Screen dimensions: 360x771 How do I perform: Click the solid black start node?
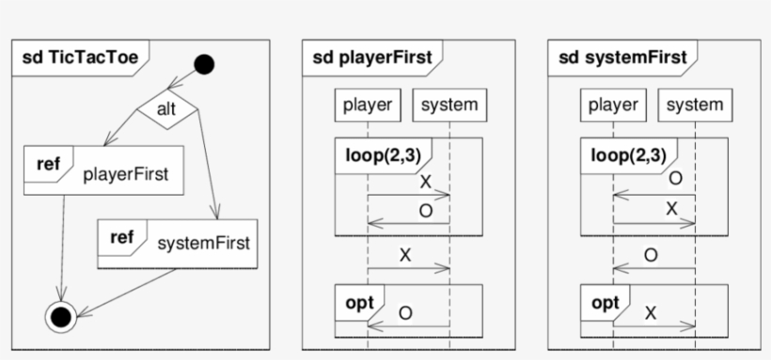[204, 65]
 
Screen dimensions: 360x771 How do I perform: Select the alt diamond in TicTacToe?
[166, 110]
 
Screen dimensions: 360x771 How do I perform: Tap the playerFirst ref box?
[103, 170]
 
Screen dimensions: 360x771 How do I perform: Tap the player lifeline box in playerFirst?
[367, 104]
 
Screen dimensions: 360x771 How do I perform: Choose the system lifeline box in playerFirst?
[449, 104]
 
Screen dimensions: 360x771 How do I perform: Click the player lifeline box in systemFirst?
[613, 104]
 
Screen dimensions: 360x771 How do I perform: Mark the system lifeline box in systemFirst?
[695, 104]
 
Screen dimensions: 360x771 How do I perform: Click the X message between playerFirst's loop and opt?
[405, 255]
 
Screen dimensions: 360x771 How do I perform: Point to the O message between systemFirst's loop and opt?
[651, 255]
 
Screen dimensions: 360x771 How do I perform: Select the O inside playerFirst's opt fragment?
[404, 313]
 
